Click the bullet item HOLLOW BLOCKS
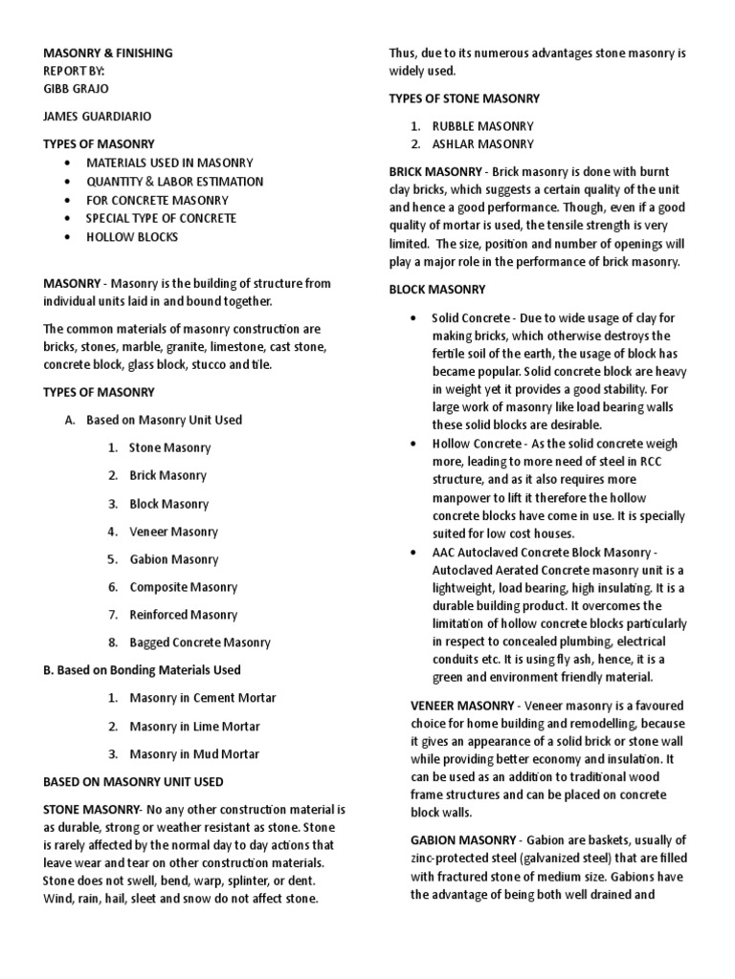click(x=132, y=236)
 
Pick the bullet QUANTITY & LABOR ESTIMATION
click(x=174, y=181)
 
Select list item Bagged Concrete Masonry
click(x=200, y=642)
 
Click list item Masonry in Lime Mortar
click(x=194, y=726)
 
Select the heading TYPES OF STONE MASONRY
click(x=464, y=98)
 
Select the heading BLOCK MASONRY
click(x=437, y=289)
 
